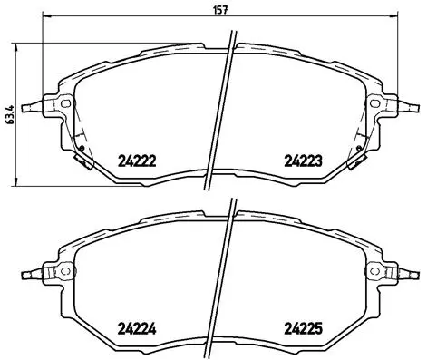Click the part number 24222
[138, 162]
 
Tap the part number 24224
[138, 329]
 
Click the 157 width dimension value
[218, 12]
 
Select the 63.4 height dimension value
[9, 116]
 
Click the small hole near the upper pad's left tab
[64, 105]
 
